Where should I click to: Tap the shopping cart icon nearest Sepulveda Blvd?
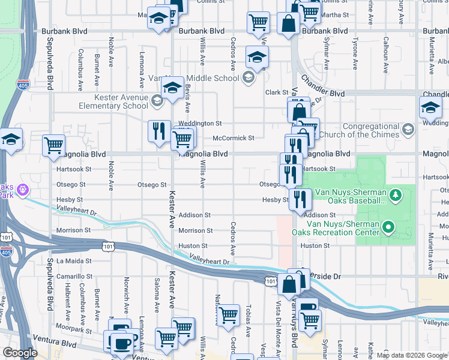coord(54,145)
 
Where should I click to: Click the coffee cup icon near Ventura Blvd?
coord(122,344)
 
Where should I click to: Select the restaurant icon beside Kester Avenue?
coord(158,131)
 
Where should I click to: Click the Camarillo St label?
coord(74,277)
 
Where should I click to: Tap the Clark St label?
coord(277,92)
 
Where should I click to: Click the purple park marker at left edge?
coord(23,190)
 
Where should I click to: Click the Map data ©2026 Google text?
coord(412,355)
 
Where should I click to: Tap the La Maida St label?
coord(74,261)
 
